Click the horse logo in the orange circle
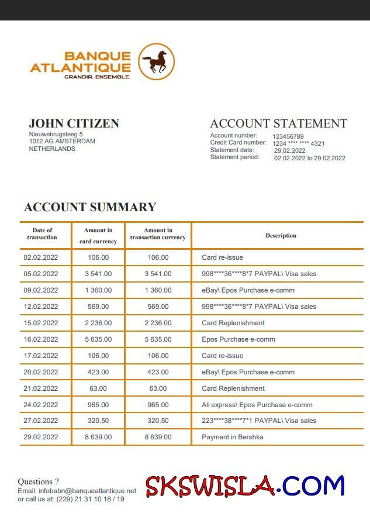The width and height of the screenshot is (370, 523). (x=156, y=61)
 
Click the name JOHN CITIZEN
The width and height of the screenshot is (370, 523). (x=74, y=123)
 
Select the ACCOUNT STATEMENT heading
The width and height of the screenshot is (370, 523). (x=278, y=123)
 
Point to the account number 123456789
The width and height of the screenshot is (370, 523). (x=288, y=136)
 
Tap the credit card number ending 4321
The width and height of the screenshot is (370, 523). (x=299, y=143)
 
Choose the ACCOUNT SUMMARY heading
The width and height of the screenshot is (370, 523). (x=90, y=207)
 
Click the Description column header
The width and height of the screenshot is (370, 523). (x=281, y=236)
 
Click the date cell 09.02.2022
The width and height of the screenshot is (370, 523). (x=41, y=290)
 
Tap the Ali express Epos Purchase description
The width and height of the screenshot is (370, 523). (x=257, y=405)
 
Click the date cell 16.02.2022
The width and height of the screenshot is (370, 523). (x=41, y=339)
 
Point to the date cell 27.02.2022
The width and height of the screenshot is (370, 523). (x=41, y=421)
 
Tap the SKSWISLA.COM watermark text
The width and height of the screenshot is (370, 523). (x=245, y=486)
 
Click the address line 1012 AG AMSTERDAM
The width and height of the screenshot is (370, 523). (x=63, y=141)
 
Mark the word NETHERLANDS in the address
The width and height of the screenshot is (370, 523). (x=52, y=149)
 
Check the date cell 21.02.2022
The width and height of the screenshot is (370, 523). (x=41, y=388)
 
